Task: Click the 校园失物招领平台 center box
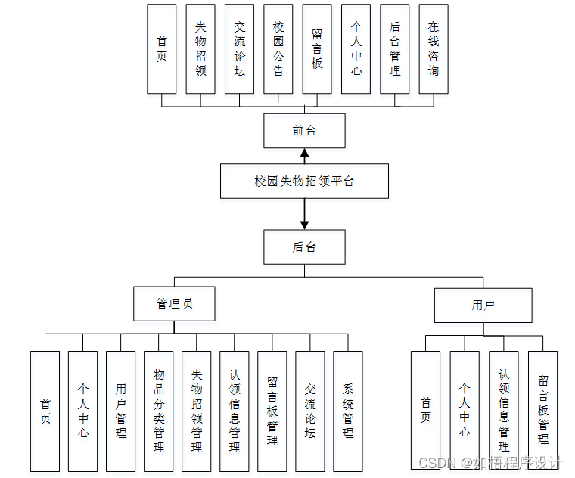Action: (x=304, y=182)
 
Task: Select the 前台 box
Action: (x=304, y=131)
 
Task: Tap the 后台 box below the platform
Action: (x=304, y=247)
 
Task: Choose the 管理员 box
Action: (x=174, y=304)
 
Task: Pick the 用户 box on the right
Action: (x=483, y=306)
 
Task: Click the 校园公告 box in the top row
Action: (x=278, y=48)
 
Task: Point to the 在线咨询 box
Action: (x=434, y=48)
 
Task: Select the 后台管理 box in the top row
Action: (x=395, y=48)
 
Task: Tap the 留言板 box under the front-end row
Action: (x=317, y=48)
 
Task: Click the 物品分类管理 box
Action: (x=159, y=411)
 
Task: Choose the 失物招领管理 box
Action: (x=197, y=411)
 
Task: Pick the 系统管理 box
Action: (x=348, y=411)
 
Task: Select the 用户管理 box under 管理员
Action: (x=121, y=411)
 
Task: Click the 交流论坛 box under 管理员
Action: (x=310, y=411)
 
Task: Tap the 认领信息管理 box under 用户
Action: (x=504, y=411)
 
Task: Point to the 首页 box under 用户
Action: (x=426, y=411)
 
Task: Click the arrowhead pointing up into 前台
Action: (x=304, y=154)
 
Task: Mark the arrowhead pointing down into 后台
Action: (x=304, y=224)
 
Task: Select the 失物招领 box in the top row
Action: (x=200, y=48)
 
